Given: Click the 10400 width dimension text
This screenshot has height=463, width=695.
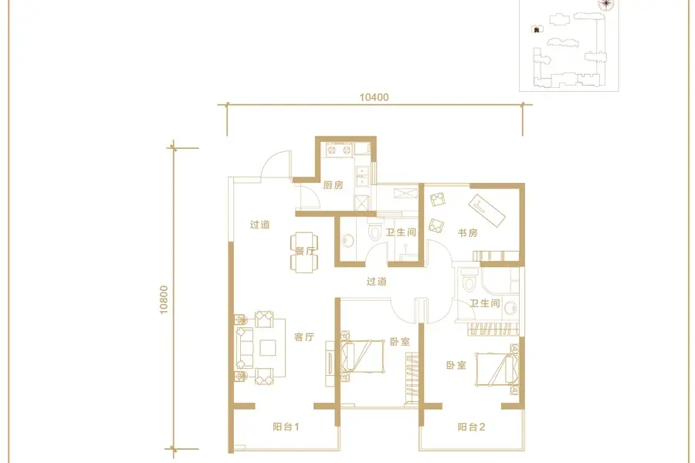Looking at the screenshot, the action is (374, 97).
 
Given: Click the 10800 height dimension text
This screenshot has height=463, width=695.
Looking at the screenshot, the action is (164, 300).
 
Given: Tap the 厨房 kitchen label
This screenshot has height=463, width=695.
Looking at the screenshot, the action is (333, 184).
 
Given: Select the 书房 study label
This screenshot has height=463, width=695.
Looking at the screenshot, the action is (468, 232).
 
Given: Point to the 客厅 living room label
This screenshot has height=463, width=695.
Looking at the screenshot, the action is (304, 336).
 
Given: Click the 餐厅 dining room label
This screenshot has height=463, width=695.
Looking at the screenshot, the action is (305, 251).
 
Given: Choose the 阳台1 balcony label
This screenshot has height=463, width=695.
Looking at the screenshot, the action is (286, 427).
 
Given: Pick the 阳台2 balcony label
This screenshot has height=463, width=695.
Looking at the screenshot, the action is (471, 427).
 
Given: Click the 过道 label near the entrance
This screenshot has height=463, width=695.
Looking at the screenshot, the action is (259, 225).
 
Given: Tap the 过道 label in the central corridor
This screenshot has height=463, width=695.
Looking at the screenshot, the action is (377, 282).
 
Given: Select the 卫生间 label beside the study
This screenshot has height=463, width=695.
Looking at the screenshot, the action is (401, 232).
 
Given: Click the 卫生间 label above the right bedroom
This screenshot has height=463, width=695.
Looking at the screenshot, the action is (485, 303).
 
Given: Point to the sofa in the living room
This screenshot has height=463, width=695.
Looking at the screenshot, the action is (244, 348).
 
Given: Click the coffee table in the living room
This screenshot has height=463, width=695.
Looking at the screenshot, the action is (268, 347).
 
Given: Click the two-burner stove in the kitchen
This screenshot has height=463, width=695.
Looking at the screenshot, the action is (339, 150).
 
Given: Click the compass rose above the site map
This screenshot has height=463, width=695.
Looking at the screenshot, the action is (605, 5).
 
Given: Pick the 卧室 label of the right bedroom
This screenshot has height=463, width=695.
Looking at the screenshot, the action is (456, 365).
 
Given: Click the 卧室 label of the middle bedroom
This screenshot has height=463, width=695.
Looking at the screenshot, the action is (400, 342).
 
